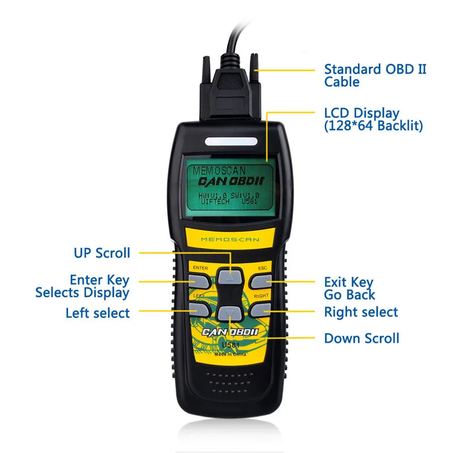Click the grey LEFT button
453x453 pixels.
pos(200,308)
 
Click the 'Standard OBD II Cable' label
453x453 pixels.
pos(374,75)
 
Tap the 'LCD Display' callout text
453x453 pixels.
pos(373,119)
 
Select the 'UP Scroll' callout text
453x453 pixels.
pos(102,253)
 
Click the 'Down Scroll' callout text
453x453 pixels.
pos(361,339)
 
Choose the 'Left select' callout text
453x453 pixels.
pos(97,313)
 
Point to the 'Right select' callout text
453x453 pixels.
pos(361,311)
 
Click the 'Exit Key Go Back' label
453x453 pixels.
pos(349,288)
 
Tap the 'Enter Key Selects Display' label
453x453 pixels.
pos(83,286)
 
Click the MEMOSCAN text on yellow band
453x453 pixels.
pos(229,240)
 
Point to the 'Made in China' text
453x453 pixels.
pos(230,354)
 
